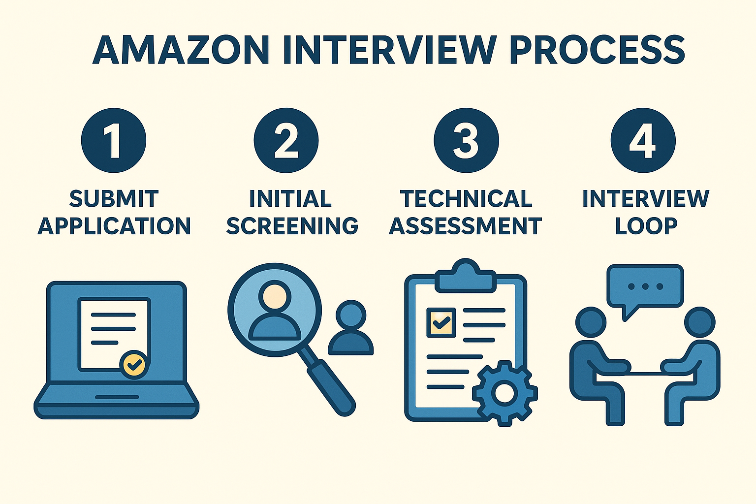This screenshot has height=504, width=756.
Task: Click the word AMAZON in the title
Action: [181, 50]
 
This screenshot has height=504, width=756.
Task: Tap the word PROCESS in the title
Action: [597, 50]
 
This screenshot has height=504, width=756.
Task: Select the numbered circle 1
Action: [114, 140]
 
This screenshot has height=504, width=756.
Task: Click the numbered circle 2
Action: [286, 140]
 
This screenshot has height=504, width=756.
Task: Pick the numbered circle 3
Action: [466, 140]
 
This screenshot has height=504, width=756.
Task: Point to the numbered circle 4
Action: [643, 140]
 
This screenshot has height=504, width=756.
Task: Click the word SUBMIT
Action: [114, 199]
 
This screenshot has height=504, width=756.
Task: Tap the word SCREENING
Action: [292, 226]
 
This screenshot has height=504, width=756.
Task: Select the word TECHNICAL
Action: [466, 199]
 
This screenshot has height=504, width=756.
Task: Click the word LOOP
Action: [646, 226]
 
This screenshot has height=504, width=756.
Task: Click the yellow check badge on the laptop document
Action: [133, 365]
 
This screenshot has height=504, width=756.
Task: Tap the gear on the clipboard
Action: [504, 392]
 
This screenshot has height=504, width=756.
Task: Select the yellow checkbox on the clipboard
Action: [441, 322]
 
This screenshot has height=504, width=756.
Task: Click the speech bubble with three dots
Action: [645, 287]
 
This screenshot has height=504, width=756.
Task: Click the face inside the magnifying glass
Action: [274, 296]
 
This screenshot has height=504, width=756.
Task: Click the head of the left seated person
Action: [591, 323]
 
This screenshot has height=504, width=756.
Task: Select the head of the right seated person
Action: [699, 323]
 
